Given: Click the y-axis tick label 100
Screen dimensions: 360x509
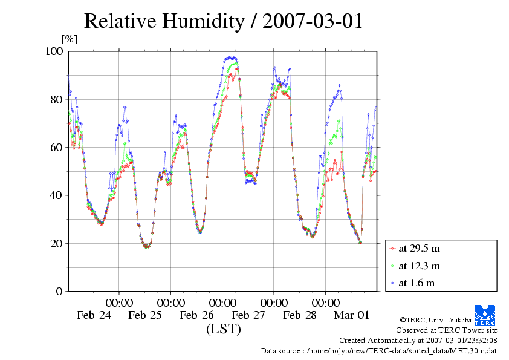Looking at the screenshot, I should click(x=54, y=51).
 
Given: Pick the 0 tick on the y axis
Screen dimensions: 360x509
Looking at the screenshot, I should click(x=59, y=291).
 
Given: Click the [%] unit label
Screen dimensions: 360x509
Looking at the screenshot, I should click(x=70, y=39).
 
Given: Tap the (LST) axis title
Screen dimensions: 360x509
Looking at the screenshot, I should click(x=223, y=329).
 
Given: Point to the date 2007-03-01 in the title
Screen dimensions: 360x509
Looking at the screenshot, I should click(x=313, y=21).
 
